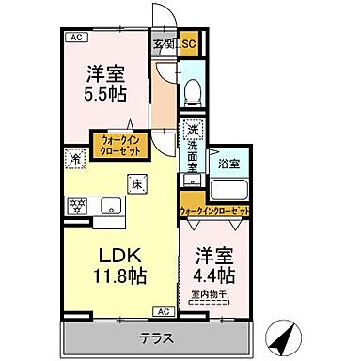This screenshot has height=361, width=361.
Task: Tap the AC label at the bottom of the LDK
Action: click(162, 310)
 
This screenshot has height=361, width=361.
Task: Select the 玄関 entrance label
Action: click(164, 42)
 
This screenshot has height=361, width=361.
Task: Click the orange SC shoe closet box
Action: click(187, 43)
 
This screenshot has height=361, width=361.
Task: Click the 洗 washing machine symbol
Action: click(191, 131)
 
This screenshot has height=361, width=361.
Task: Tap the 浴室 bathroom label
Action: click(228, 162)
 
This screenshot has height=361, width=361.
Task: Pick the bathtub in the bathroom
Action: click(229, 186)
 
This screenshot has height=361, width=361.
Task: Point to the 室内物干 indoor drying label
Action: click(213, 293)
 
